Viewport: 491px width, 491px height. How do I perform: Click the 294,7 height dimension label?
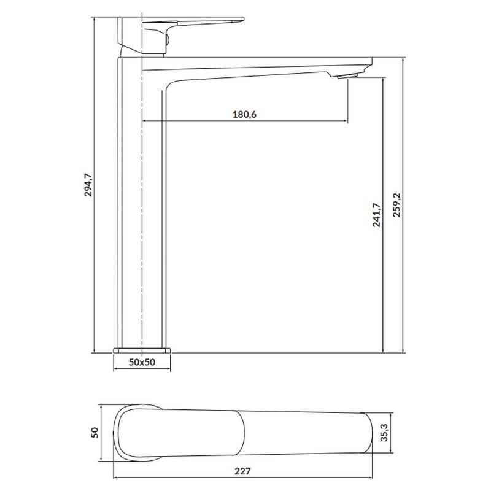[88, 185]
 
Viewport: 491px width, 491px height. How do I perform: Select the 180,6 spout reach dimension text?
[244, 114]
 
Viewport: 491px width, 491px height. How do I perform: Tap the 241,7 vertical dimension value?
[377, 215]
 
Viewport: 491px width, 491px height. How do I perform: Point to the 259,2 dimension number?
[396, 205]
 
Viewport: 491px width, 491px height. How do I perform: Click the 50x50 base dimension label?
[142, 362]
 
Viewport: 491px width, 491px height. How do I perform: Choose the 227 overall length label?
[242, 471]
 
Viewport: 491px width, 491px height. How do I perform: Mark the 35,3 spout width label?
[384, 433]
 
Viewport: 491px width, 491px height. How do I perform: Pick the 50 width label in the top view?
[95, 433]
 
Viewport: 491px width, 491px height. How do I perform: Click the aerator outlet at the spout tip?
[347, 75]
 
